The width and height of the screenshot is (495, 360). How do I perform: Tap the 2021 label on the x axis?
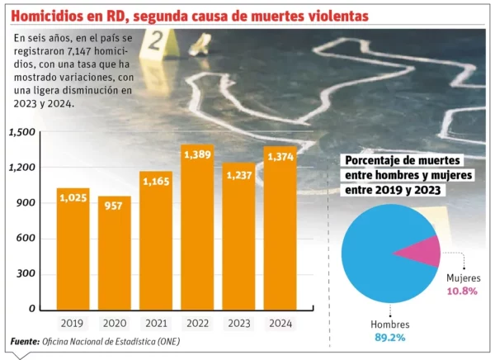156,323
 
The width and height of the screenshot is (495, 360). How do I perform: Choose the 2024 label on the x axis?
280,323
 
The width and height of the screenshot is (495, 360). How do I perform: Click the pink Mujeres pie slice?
419,250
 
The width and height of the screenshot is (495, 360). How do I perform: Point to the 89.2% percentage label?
387,337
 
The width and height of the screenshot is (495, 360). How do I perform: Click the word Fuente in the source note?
24,341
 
